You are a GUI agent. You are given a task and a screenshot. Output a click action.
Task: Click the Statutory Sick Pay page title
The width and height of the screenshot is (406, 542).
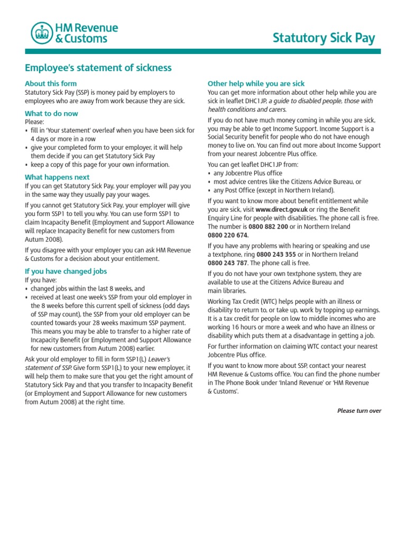point(324,38)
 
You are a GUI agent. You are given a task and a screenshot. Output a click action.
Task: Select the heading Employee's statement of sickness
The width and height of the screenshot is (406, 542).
point(98,67)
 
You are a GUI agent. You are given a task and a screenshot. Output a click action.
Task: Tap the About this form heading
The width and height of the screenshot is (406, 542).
point(51,84)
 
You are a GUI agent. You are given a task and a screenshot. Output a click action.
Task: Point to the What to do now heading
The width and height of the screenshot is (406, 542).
point(51,113)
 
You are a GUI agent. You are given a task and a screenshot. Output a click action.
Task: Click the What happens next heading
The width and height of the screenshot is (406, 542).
point(57,177)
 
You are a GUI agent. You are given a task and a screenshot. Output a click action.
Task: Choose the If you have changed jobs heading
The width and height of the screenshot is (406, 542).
point(66,271)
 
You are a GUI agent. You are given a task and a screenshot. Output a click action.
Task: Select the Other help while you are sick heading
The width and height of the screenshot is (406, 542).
point(256,84)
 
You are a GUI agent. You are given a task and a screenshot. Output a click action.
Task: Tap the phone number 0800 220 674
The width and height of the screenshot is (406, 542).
point(228,235)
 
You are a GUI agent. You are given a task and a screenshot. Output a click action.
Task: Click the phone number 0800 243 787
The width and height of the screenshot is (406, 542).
point(228,263)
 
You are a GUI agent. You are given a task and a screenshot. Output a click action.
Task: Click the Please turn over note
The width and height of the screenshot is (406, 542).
point(359,411)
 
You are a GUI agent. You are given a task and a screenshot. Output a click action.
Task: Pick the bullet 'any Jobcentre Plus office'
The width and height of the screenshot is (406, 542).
point(247,173)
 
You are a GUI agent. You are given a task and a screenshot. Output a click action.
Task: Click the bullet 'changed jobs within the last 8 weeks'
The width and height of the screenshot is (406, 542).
point(87,289)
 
